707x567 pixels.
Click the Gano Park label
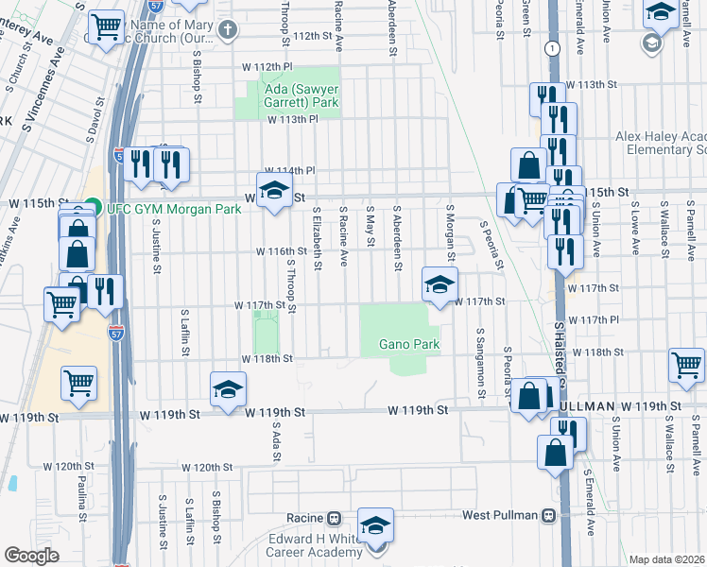[410, 345]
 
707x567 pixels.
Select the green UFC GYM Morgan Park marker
[92, 204]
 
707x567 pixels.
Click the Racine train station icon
[334, 519]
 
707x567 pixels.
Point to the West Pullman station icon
[547, 516]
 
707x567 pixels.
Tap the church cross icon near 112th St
[226, 29]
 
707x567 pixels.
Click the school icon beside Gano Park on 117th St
[440, 284]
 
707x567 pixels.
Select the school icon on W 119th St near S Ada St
[228, 389]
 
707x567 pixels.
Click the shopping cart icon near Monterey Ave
[107, 26]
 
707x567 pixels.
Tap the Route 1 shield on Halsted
[550, 47]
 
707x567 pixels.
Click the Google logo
[31, 556]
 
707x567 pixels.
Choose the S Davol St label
[92, 123]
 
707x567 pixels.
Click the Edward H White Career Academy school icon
[376, 526]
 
